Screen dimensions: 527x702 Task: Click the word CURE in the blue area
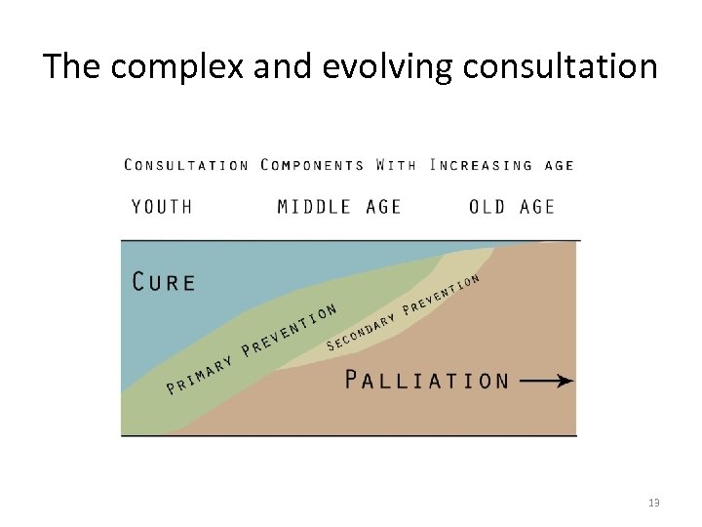(164, 282)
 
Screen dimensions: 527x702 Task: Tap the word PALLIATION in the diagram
(427, 380)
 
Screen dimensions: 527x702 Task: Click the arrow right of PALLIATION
(547, 381)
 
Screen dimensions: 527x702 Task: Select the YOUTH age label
(162, 207)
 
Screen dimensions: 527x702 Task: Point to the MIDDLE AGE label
(339, 207)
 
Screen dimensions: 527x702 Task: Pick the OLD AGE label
(512, 207)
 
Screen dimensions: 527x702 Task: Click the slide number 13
(653, 503)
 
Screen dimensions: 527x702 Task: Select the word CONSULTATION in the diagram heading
(186, 165)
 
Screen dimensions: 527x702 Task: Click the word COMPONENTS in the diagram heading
(312, 165)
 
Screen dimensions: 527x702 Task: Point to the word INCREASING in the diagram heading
(482, 165)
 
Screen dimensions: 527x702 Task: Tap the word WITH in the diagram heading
(396, 165)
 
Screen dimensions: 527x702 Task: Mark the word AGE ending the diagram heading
(560, 165)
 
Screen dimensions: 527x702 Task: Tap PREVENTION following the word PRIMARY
(290, 328)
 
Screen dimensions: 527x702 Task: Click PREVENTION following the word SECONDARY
(441, 294)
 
